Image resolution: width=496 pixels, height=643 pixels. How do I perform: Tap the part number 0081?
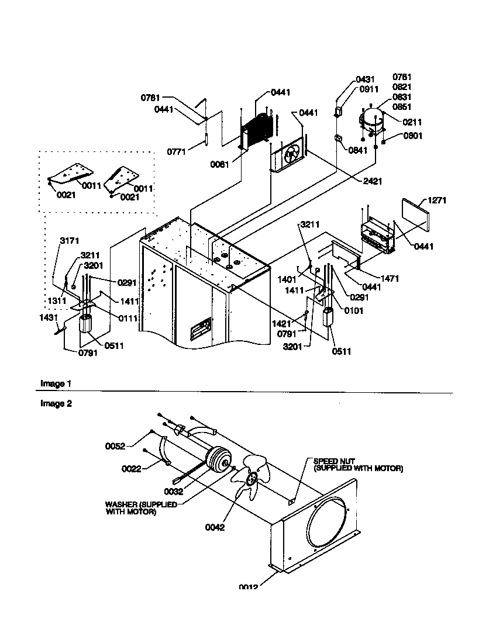point(220,164)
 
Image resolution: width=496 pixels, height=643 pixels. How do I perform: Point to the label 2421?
point(372,182)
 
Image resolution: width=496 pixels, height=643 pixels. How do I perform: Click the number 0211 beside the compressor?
point(412,122)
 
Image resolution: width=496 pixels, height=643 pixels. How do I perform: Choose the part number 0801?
point(412,136)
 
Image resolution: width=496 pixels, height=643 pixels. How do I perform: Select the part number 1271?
point(437,200)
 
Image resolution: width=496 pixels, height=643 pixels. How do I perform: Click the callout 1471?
point(390,279)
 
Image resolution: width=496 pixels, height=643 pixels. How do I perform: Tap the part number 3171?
point(69,240)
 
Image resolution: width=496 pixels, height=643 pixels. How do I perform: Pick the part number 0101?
point(353,311)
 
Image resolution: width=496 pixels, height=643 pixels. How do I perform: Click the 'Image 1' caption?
point(56,383)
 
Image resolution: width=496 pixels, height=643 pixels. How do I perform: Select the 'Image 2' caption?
point(56,403)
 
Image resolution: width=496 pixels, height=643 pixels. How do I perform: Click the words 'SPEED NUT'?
point(334,461)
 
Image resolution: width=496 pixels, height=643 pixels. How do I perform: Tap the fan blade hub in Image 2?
point(253,479)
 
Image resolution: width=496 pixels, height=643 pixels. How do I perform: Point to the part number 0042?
point(215,527)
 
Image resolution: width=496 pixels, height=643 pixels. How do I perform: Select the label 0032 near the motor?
point(174,492)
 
